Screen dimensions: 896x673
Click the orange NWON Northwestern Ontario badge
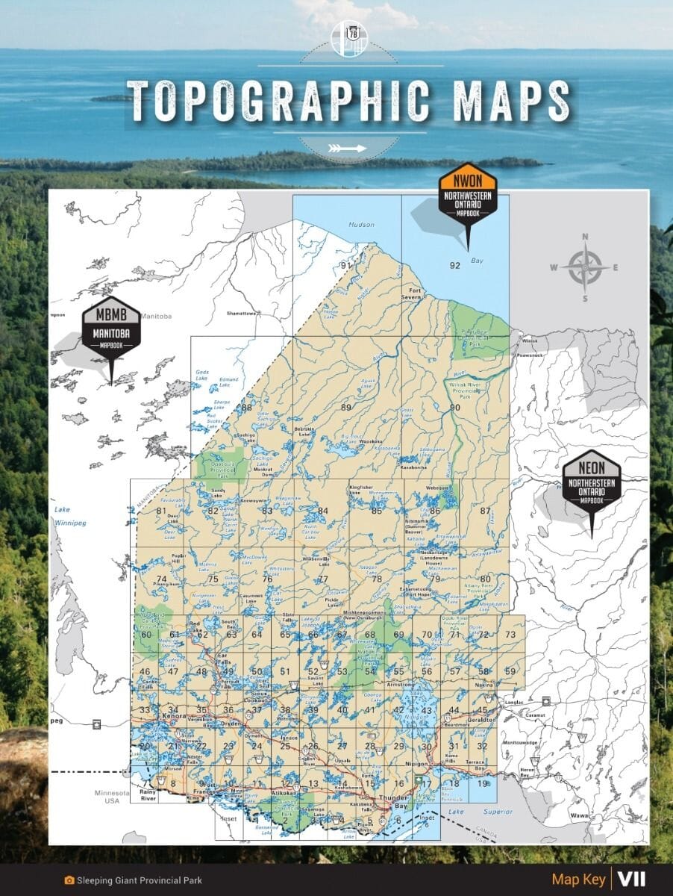pyautogui.click(x=468, y=193)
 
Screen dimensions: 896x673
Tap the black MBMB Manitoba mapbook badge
pyautogui.click(x=111, y=329)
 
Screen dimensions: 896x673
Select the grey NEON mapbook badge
pyautogui.click(x=591, y=482)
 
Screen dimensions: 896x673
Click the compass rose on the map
pyautogui.click(x=585, y=267)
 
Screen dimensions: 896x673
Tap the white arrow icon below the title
pyautogui.click(x=347, y=148)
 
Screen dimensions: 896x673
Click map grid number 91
pyautogui.click(x=345, y=265)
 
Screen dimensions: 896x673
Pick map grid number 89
pyautogui.click(x=345, y=407)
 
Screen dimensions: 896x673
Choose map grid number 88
pyautogui.click(x=246, y=407)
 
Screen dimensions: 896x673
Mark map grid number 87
pyautogui.click(x=486, y=511)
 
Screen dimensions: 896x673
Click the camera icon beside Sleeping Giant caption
pyautogui.click(x=69, y=880)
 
